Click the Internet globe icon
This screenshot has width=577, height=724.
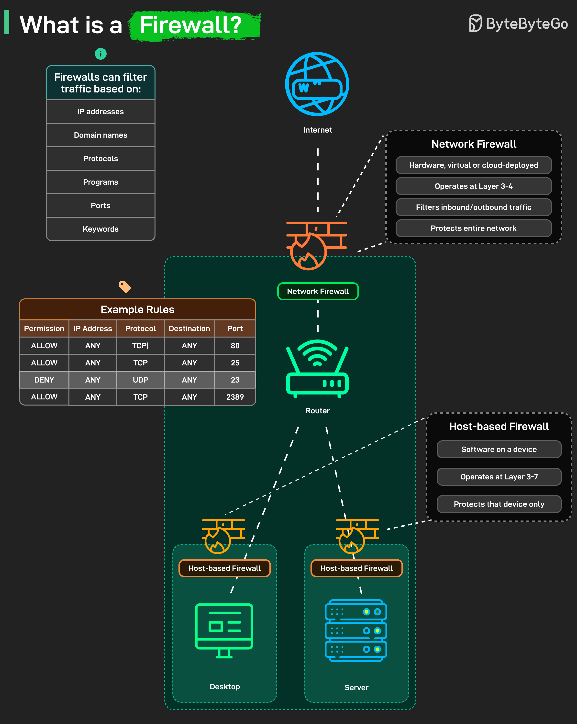[x=317, y=84]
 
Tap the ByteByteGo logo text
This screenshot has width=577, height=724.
[x=526, y=23]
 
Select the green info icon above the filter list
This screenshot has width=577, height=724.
[x=101, y=54]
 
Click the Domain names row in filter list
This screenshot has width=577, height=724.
[x=101, y=135]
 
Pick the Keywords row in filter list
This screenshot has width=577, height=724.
[x=101, y=229]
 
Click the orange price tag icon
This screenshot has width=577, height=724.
[x=125, y=287]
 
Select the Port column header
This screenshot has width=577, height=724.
[x=235, y=328]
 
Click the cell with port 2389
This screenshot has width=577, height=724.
[x=235, y=397]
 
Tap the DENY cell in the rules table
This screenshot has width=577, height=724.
[x=44, y=380]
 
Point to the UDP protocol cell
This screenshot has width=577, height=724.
[x=140, y=380]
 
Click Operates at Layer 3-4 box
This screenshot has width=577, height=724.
[x=473, y=186]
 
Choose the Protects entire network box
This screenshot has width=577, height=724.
[x=473, y=228]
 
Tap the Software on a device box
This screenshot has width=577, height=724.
[x=499, y=449]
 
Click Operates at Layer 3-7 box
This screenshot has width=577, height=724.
[x=499, y=477]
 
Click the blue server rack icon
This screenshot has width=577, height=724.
[x=356, y=630]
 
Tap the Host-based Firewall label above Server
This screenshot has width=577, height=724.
[x=356, y=568]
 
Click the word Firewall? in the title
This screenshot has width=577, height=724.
[x=191, y=25]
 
